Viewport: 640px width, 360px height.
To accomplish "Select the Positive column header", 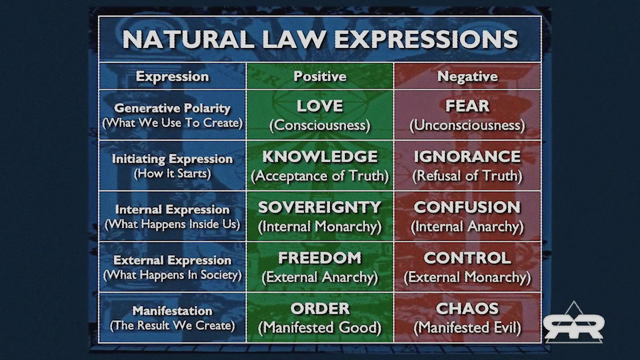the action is [320, 76].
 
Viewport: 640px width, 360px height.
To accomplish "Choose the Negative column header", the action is [467, 76].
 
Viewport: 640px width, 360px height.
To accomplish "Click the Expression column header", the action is [172, 77].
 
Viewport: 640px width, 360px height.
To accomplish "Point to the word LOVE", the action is [320, 106].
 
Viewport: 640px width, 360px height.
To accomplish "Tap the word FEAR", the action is [467, 106].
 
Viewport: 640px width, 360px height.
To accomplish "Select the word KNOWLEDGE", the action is [320, 157].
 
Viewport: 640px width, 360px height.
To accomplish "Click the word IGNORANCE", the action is [467, 157].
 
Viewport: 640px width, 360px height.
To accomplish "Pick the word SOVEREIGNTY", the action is [319, 207].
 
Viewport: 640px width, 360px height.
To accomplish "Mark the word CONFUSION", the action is [467, 207].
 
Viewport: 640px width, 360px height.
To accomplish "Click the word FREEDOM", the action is [320, 258].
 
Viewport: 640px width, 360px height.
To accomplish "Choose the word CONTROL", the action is [467, 258].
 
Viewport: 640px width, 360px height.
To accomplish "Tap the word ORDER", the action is [320, 308].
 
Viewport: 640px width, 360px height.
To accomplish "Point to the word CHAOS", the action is [467, 308].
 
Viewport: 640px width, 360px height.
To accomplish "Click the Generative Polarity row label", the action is [172, 108].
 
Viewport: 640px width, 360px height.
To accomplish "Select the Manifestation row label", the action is [172, 311].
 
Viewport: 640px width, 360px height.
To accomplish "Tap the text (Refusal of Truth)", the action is [467, 175].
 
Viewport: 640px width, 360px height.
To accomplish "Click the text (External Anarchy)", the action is [320, 277].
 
